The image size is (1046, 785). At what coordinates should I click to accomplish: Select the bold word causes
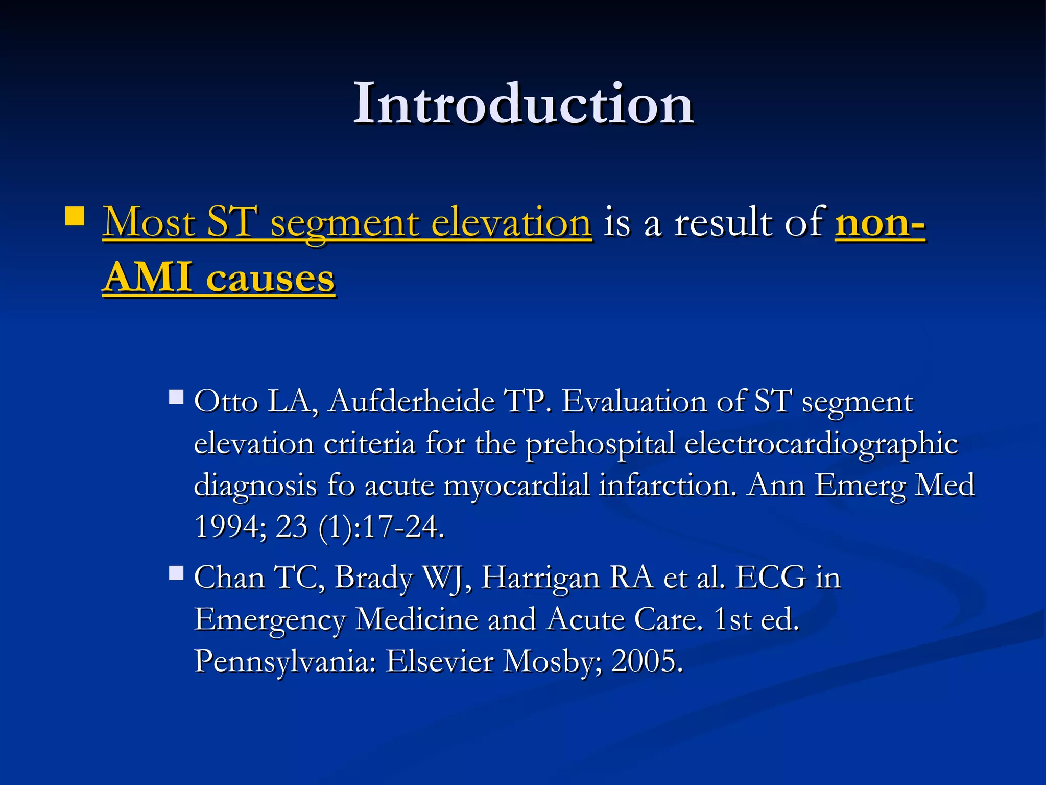(x=270, y=279)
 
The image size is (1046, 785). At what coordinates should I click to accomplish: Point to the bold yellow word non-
(x=879, y=223)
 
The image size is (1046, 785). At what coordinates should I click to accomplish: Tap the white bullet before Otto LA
(x=176, y=397)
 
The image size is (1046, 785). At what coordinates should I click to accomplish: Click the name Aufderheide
(x=412, y=402)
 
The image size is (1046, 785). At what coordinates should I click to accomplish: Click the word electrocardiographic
(x=821, y=444)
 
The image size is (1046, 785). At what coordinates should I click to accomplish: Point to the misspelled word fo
(x=341, y=485)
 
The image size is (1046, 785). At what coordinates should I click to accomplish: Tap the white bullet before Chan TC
(x=176, y=573)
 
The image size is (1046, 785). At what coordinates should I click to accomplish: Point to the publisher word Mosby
(x=553, y=661)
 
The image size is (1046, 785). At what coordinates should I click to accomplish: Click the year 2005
(x=647, y=661)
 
